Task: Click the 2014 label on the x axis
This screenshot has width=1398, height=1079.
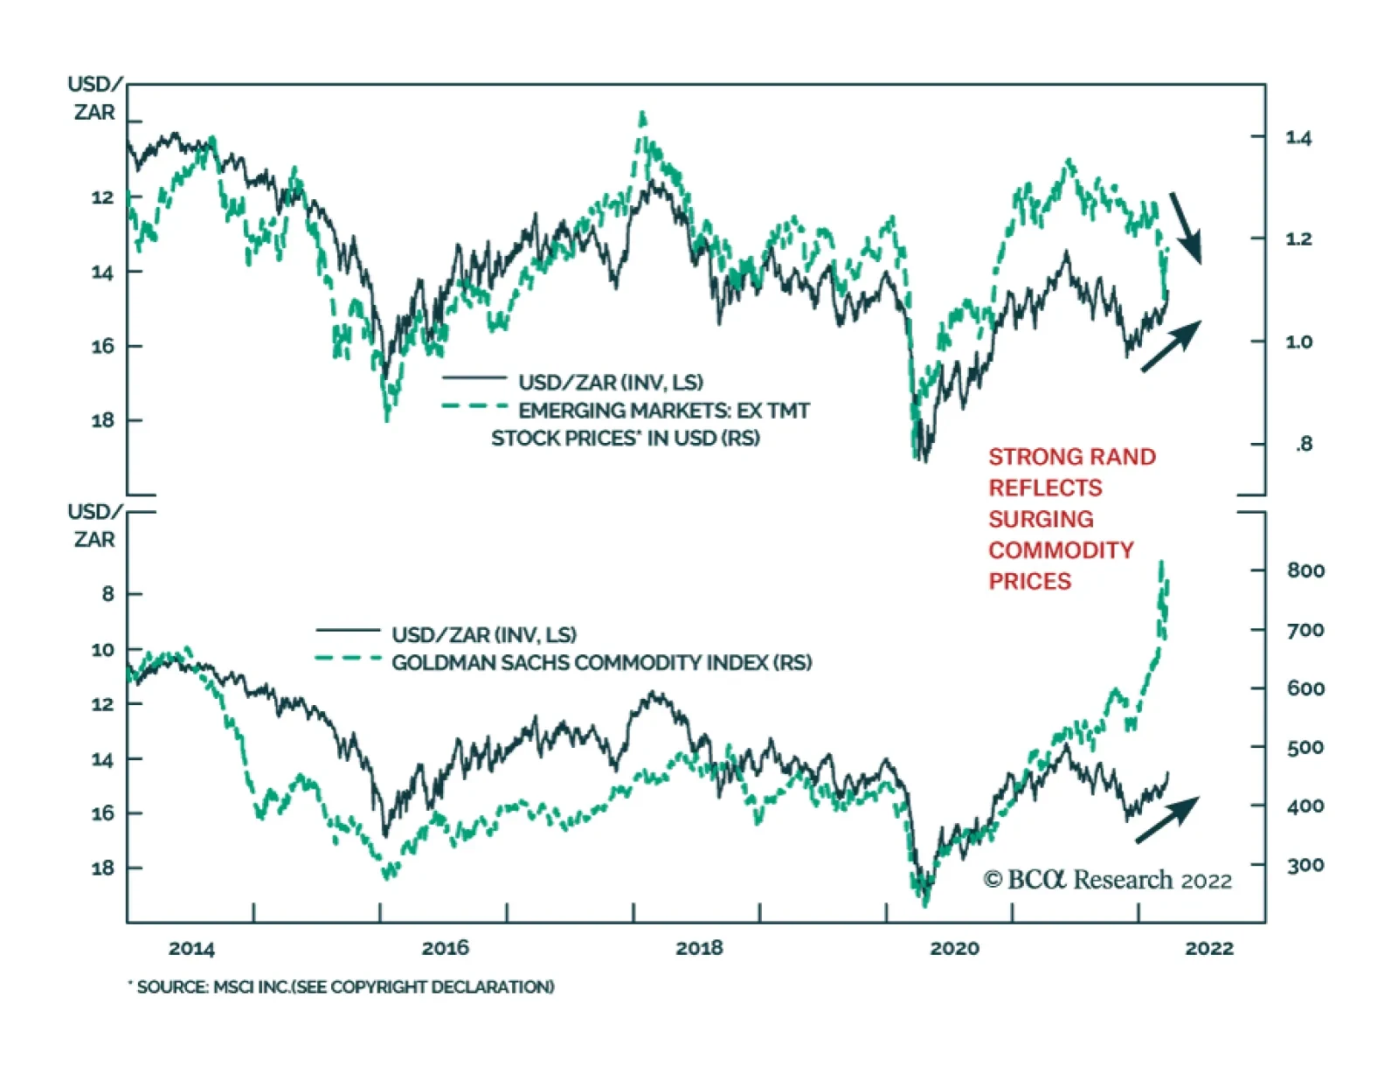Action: (x=191, y=948)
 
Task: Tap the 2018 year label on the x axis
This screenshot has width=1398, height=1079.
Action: (x=699, y=948)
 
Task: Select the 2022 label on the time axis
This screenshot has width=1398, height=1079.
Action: (x=1208, y=948)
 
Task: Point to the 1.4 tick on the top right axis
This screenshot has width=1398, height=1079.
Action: (x=1298, y=137)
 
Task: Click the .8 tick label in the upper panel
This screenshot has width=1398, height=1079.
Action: (x=1303, y=444)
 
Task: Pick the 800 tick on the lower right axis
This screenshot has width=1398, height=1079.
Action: (x=1305, y=571)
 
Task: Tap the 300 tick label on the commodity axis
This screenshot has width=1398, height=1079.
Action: (x=1305, y=865)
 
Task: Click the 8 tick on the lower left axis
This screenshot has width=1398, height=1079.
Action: (x=107, y=594)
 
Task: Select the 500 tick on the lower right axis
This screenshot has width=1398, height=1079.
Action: (x=1305, y=747)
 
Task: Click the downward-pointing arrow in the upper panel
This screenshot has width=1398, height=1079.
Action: (x=1186, y=227)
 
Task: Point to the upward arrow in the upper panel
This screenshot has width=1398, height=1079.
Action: (x=1172, y=346)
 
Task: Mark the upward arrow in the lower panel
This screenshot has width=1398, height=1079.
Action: (x=1167, y=820)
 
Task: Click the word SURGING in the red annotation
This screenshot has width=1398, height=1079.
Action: (x=1041, y=519)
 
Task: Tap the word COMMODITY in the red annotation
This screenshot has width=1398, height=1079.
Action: (x=1061, y=550)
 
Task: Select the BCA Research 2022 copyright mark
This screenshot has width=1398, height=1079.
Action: (x=1107, y=880)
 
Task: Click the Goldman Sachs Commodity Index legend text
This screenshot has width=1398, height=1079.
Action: (x=601, y=662)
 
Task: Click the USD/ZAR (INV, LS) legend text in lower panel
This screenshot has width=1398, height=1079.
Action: (x=484, y=634)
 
